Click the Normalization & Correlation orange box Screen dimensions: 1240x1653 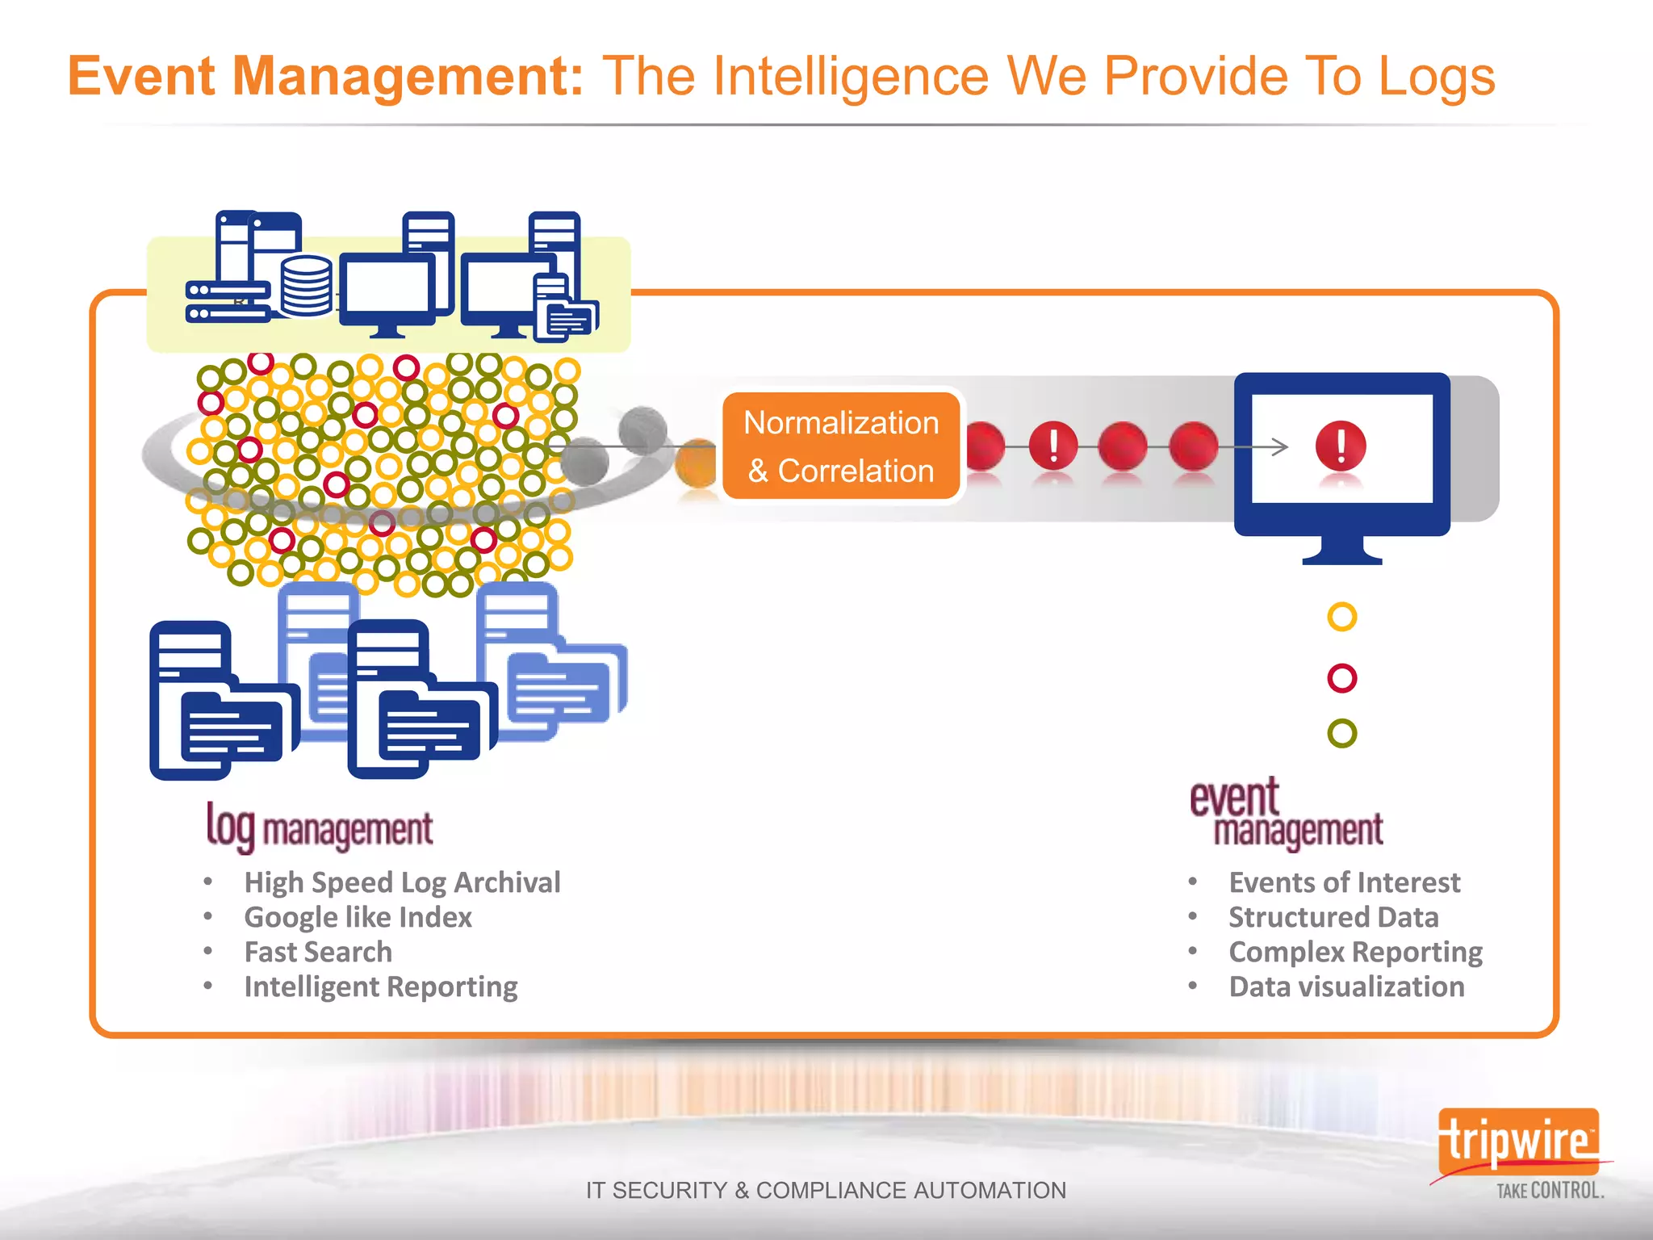[x=841, y=446]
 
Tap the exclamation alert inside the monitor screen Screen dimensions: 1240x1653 [x=1341, y=446]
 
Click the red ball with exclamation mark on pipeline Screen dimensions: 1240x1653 [x=1053, y=446]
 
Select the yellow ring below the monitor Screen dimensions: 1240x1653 [x=1341, y=618]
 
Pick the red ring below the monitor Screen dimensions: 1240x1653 [x=1341, y=678]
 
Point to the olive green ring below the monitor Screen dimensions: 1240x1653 [x=1341, y=733]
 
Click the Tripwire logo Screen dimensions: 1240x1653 [x=1518, y=1142]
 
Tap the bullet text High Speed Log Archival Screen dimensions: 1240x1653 [x=402, y=882]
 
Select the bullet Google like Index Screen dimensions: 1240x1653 [x=358, y=917]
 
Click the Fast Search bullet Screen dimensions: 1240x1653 [x=318, y=952]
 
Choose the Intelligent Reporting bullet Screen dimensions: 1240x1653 [x=381, y=987]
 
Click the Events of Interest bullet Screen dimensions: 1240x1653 [x=1344, y=882]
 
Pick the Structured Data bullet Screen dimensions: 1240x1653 [x=1333, y=917]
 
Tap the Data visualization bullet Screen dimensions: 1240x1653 [x=1346, y=987]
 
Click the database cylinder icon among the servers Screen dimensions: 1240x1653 [x=307, y=286]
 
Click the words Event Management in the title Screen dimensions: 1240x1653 [x=324, y=76]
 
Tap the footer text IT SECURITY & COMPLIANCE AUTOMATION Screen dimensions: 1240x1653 [x=826, y=1190]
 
